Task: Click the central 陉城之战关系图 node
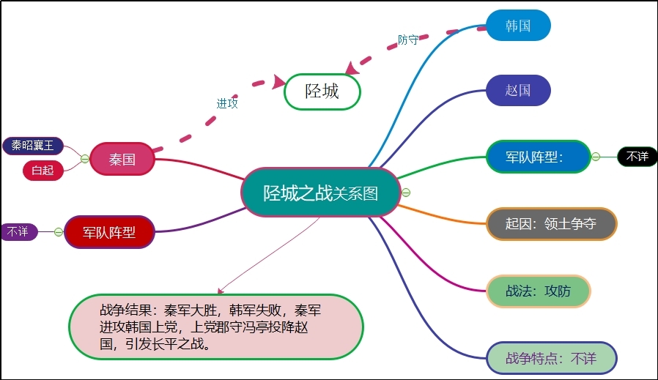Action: coord(321,193)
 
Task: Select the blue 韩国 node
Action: coord(518,26)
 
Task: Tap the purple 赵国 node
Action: coord(518,91)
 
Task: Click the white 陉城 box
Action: coord(322,92)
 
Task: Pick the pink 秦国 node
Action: coord(122,159)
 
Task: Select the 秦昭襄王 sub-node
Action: coord(32,145)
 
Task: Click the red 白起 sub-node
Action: coord(42,171)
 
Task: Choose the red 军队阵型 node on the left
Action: coord(109,232)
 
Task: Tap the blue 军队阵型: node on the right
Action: coord(537,157)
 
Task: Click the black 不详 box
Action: coord(636,156)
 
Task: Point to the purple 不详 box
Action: coord(18,231)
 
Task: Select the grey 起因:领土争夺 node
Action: coord(551,224)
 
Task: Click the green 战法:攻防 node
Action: coord(538,291)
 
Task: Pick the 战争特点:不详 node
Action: coord(551,358)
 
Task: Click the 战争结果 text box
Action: coord(216,327)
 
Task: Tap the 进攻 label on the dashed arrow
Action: coord(227,103)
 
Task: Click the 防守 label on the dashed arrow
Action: coord(408,40)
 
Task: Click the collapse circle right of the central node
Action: coord(406,193)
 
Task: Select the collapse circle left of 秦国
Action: coord(84,159)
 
